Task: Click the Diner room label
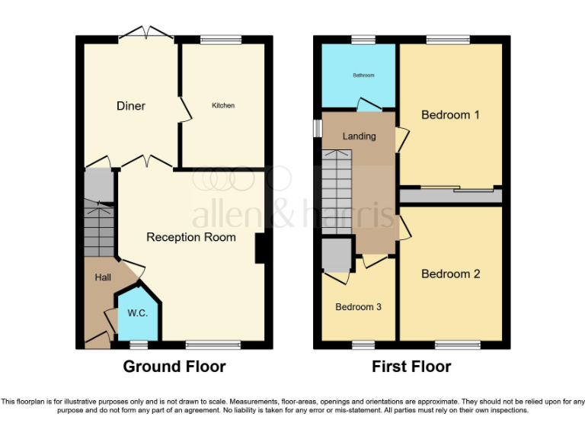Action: pyautogui.click(x=131, y=106)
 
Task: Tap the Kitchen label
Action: pyautogui.click(x=223, y=105)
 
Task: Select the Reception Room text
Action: pyautogui.click(x=191, y=237)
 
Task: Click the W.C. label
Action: pyautogui.click(x=137, y=312)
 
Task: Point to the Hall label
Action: pyautogui.click(x=103, y=277)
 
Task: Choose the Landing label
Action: pyautogui.click(x=359, y=136)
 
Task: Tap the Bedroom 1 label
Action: pyautogui.click(x=450, y=115)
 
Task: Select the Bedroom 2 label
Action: pyautogui.click(x=450, y=274)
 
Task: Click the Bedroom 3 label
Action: pyautogui.click(x=359, y=307)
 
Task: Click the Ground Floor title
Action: pyautogui.click(x=174, y=367)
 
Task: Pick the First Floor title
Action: pyautogui.click(x=411, y=367)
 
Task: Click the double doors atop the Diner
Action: pyautogui.click(x=145, y=34)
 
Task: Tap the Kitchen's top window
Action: pyautogui.click(x=221, y=39)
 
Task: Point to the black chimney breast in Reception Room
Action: pyautogui.click(x=260, y=249)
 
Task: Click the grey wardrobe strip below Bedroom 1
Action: pyautogui.click(x=451, y=196)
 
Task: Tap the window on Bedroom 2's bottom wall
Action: pyautogui.click(x=458, y=344)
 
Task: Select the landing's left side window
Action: pyautogui.click(x=317, y=128)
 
